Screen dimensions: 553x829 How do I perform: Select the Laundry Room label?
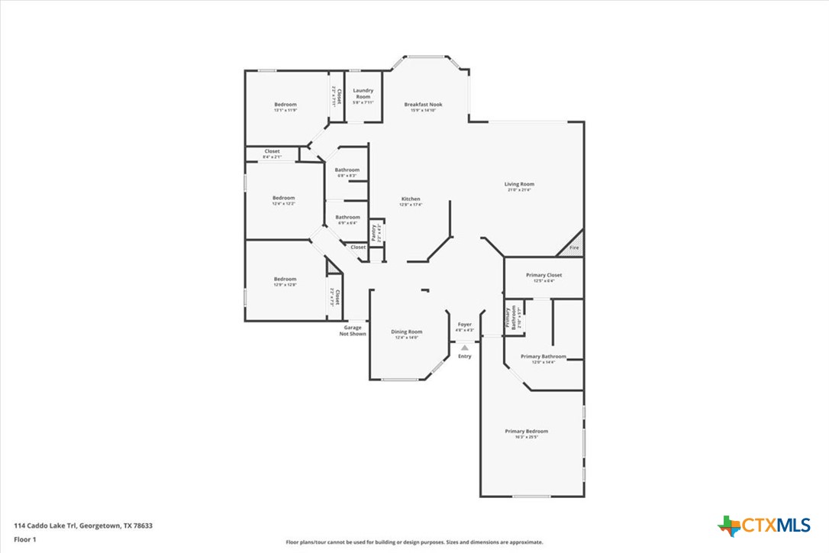pos(363,95)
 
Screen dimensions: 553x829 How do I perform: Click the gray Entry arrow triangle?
pos(464,348)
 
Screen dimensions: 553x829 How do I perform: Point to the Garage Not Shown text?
pos(353,331)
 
